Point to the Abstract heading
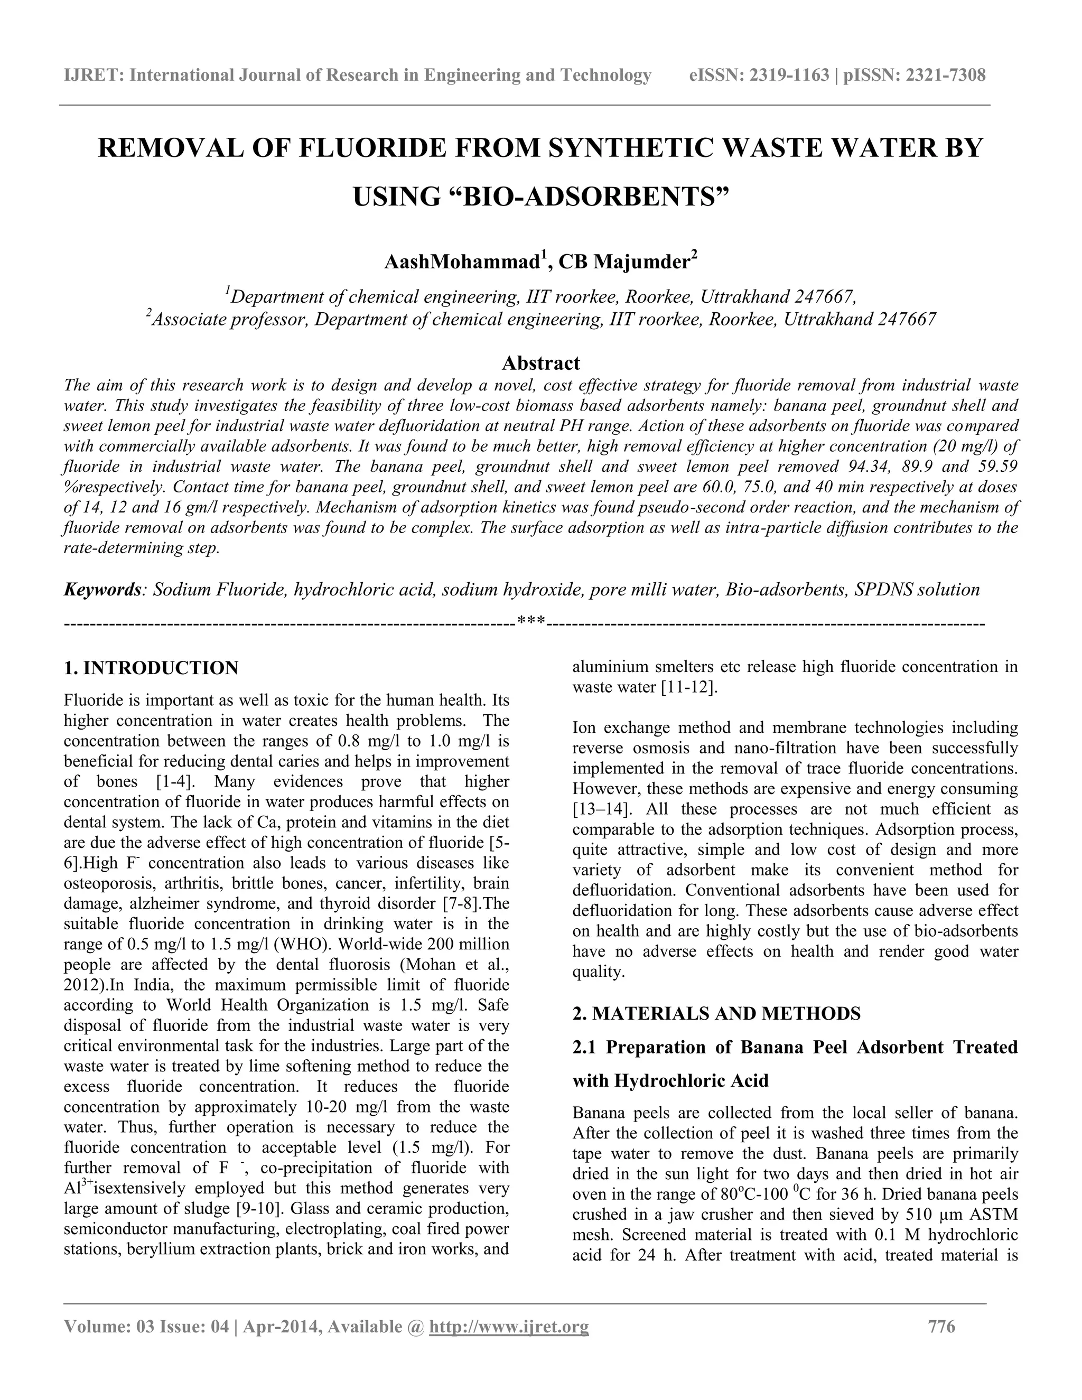540,363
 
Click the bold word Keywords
102,590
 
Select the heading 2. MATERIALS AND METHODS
716,1013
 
